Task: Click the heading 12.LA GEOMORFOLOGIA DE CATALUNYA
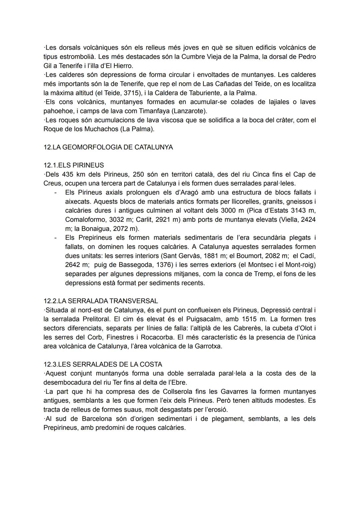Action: pos(108,147)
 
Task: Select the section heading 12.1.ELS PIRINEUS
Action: pos(74,165)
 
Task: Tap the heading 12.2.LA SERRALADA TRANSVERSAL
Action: pos(101,301)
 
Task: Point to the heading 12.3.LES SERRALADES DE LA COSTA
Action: pos(103,364)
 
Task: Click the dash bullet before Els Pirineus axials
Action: pos(55,193)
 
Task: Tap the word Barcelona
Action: pos(96,419)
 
